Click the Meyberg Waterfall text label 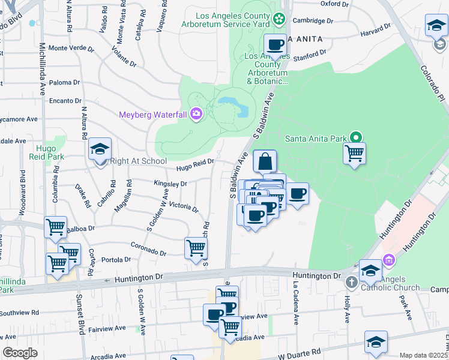(152, 114)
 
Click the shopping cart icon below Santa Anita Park (354, 154)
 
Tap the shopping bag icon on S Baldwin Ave (265, 162)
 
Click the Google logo (20, 353)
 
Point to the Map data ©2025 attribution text (424, 355)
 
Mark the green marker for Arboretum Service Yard (279, 19)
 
